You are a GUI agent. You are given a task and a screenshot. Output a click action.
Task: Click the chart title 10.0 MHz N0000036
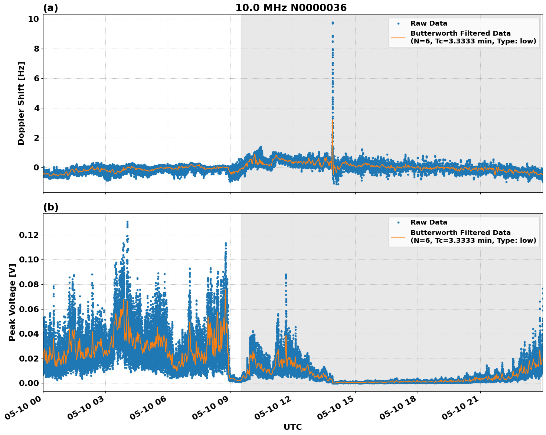tap(291, 8)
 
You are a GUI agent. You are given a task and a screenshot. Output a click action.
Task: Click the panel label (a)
tap(50, 8)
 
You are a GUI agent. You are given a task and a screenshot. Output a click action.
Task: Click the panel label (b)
tap(50, 207)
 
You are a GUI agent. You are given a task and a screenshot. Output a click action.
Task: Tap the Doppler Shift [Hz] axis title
tap(21, 103)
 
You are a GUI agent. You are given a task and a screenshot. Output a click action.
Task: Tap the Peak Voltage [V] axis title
tap(12, 302)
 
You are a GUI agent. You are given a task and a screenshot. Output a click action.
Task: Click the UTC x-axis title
tap(292, 427)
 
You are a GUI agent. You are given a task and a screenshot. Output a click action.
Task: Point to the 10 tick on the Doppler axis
tap(33, 19)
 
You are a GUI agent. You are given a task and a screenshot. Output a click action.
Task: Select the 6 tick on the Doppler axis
tap(36, 78)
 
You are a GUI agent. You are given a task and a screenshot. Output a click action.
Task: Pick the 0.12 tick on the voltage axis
tap(29, 235)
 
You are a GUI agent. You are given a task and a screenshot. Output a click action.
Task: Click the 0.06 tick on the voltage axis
tap(29, 309)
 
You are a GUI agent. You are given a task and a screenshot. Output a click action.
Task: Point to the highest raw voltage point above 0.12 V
tap(127, 222)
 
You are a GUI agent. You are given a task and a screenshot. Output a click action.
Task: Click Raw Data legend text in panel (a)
tap(429, 23)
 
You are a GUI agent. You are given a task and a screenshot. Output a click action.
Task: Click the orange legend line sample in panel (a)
tap(398, 37)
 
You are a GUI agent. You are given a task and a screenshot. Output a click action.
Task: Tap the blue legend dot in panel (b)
tap(398, 222)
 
